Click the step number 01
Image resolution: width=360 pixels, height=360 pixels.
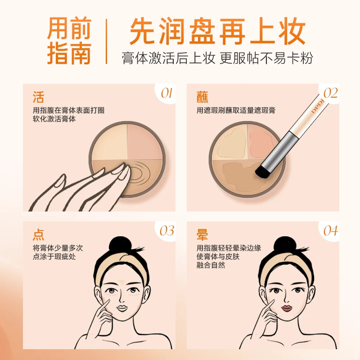pyautogui.click(x=167, y=93)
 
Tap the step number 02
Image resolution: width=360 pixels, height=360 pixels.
pyautogui.click(x=330, y=93)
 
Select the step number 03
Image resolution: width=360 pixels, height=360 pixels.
pyautogui.click(x=167, y=231)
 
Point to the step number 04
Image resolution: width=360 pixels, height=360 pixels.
pyautogui.click(x=330, y=231)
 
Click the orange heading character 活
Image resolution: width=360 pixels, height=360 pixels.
pyautogui.click(x=38, y=97)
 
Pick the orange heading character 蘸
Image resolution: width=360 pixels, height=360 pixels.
pyautogui.click(x=202, y=97)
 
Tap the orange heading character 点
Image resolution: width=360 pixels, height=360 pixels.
pyautogui.click(x=38, y=234)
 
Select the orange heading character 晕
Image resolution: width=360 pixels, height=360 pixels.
pyautogui.click(x=202, y=234)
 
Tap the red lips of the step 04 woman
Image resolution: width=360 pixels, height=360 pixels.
pyautogui.click(x=285, y=308)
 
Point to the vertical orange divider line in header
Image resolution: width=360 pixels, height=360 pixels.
pyautogui.click(x=107, y=41)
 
